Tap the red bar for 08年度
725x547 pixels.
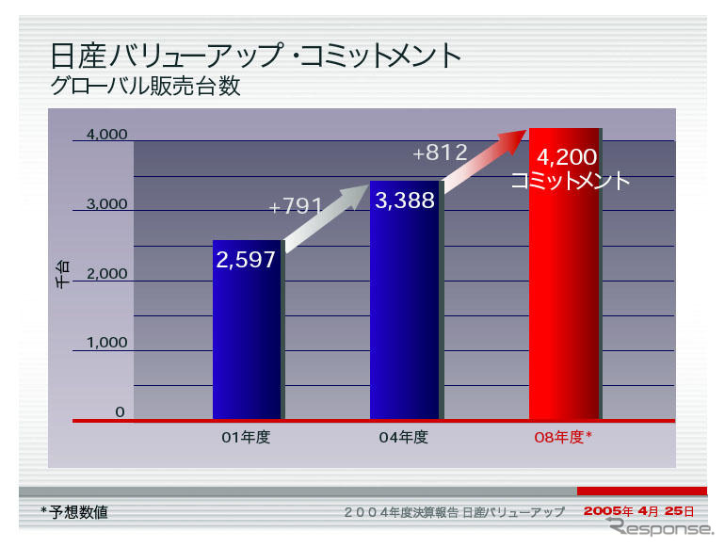pos(564,301)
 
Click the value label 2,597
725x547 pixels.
pos(246,261)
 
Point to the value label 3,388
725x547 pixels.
pos(405,201)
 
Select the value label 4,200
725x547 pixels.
pos(567,157)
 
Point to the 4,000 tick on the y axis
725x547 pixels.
pos(106,135)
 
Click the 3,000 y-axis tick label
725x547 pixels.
pos(106,204)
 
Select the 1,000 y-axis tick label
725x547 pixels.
pos(106,343)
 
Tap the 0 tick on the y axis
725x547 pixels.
pos(120,411)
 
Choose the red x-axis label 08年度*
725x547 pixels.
pos(562,437)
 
